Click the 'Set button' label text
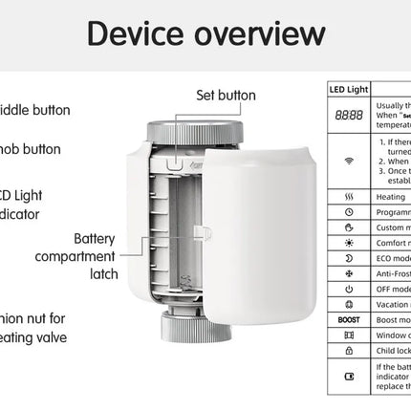[x=227, y=95]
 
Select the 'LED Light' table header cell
[x=349, y=90]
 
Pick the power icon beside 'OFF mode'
[x=349, y=288]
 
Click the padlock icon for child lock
[x=349, y=350]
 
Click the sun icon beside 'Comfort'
[x=349, y=242]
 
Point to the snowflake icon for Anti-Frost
[x=349, y=272]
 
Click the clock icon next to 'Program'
[x=349, y=211]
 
